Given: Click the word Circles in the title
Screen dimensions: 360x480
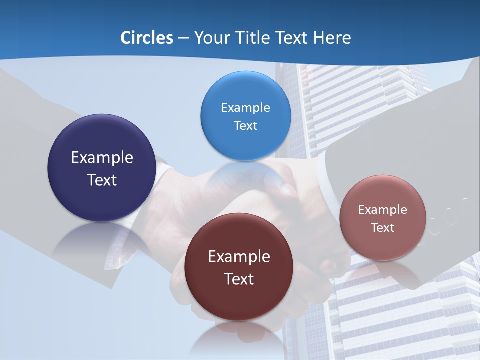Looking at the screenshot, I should [x=146, y=38].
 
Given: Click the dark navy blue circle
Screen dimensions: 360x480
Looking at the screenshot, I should [x=101, y=168].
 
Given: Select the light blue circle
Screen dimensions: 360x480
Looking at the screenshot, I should [x=245, y=116].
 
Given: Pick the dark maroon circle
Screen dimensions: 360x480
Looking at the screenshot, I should [x=239, y=267].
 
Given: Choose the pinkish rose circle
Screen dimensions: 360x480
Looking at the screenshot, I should [x=383, y=218].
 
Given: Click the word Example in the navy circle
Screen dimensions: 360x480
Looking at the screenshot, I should [x=102, y=158].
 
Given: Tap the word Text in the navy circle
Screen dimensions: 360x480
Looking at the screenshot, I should [x=102, y=180].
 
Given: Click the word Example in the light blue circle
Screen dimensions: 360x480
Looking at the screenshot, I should [x=245, y=108].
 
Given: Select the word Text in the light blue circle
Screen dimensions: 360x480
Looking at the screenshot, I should [x=245, y=125].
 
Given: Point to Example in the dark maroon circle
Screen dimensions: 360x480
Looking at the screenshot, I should [x=239, y=257].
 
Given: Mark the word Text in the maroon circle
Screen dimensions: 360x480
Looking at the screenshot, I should [x=239, y=279].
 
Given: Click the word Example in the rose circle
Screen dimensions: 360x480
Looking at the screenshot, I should [x=383, y=210].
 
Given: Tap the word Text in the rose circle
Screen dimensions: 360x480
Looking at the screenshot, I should [x=383, y=228].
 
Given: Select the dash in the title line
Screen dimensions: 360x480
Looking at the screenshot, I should [x=183, y=38].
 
